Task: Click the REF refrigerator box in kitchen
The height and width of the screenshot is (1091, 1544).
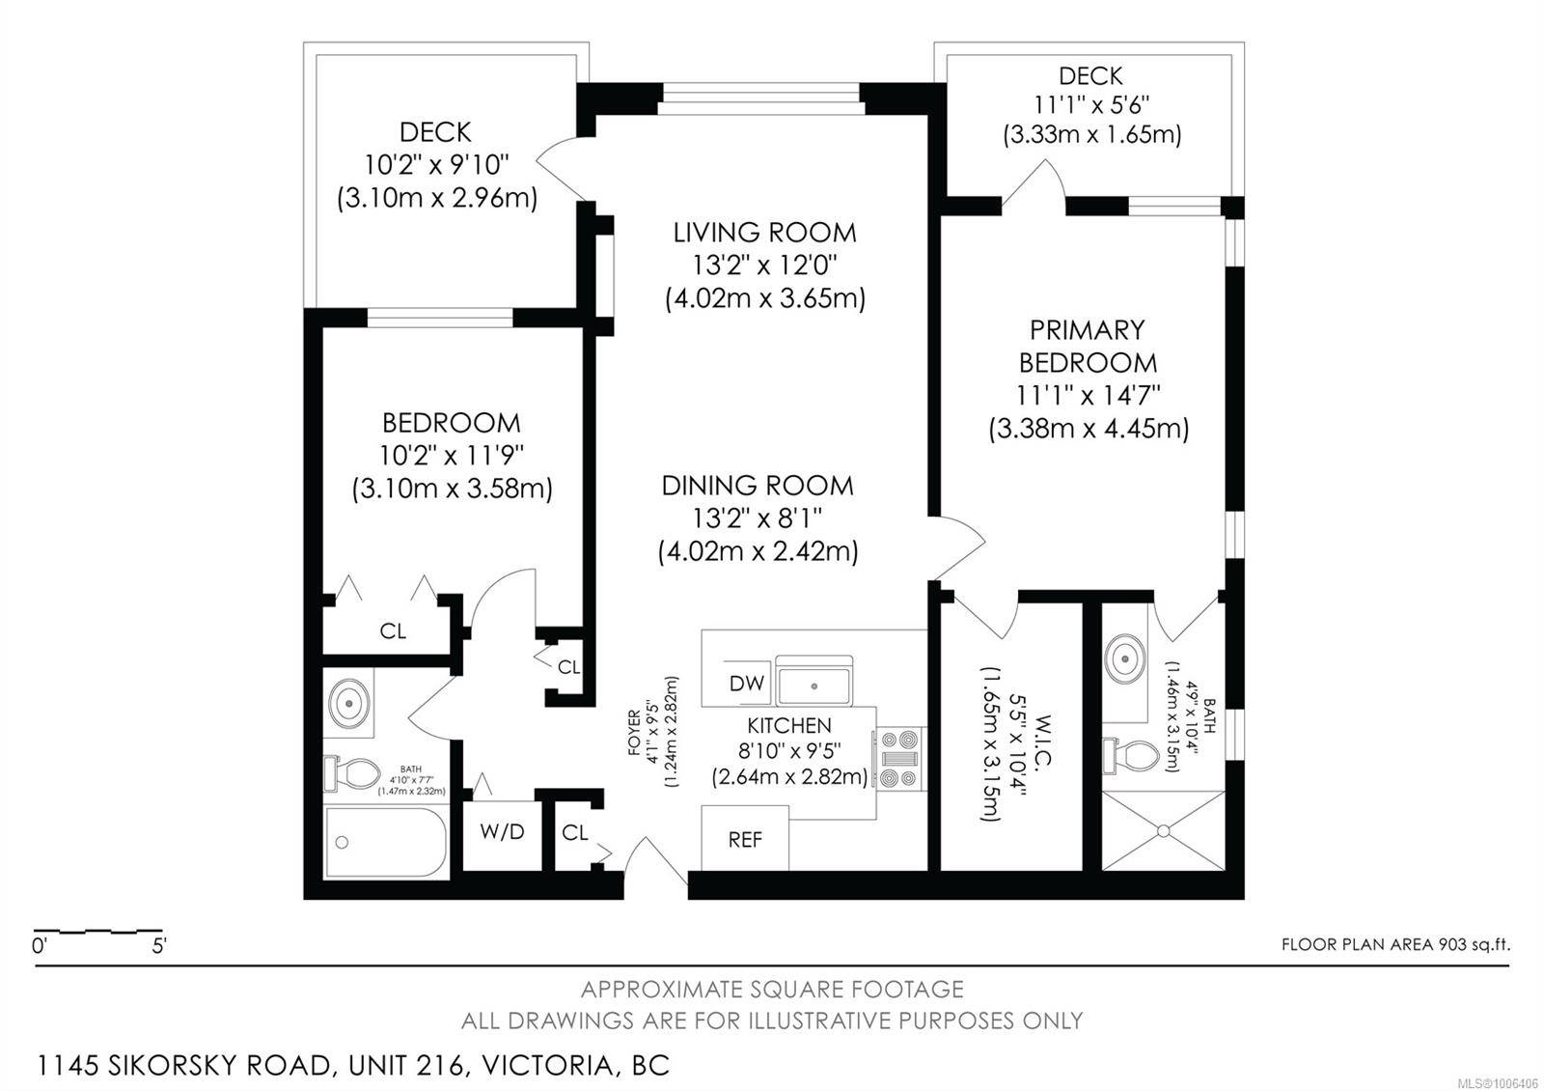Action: (745, 839)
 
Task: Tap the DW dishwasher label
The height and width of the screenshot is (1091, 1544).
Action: (746, 684)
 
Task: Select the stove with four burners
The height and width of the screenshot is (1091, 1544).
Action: (899, 759)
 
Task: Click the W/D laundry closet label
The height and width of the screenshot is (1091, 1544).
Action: (502, 831)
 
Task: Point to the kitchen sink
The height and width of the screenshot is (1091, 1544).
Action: (814, 685)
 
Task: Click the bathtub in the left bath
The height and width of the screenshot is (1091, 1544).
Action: (385, 843)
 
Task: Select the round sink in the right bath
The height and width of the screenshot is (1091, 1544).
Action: (1124, 659)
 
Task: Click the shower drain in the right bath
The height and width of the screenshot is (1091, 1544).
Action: (1164, 829)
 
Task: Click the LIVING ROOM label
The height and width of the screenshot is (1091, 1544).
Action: (764, 233)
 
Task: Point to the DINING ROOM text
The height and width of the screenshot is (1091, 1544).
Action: (758, 486)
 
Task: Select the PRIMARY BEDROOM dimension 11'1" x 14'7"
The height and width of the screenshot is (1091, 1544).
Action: (1088, 395)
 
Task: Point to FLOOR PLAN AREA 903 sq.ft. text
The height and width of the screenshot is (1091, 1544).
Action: (1394, 944)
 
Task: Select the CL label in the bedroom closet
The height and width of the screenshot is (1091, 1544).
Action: (393, 631)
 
